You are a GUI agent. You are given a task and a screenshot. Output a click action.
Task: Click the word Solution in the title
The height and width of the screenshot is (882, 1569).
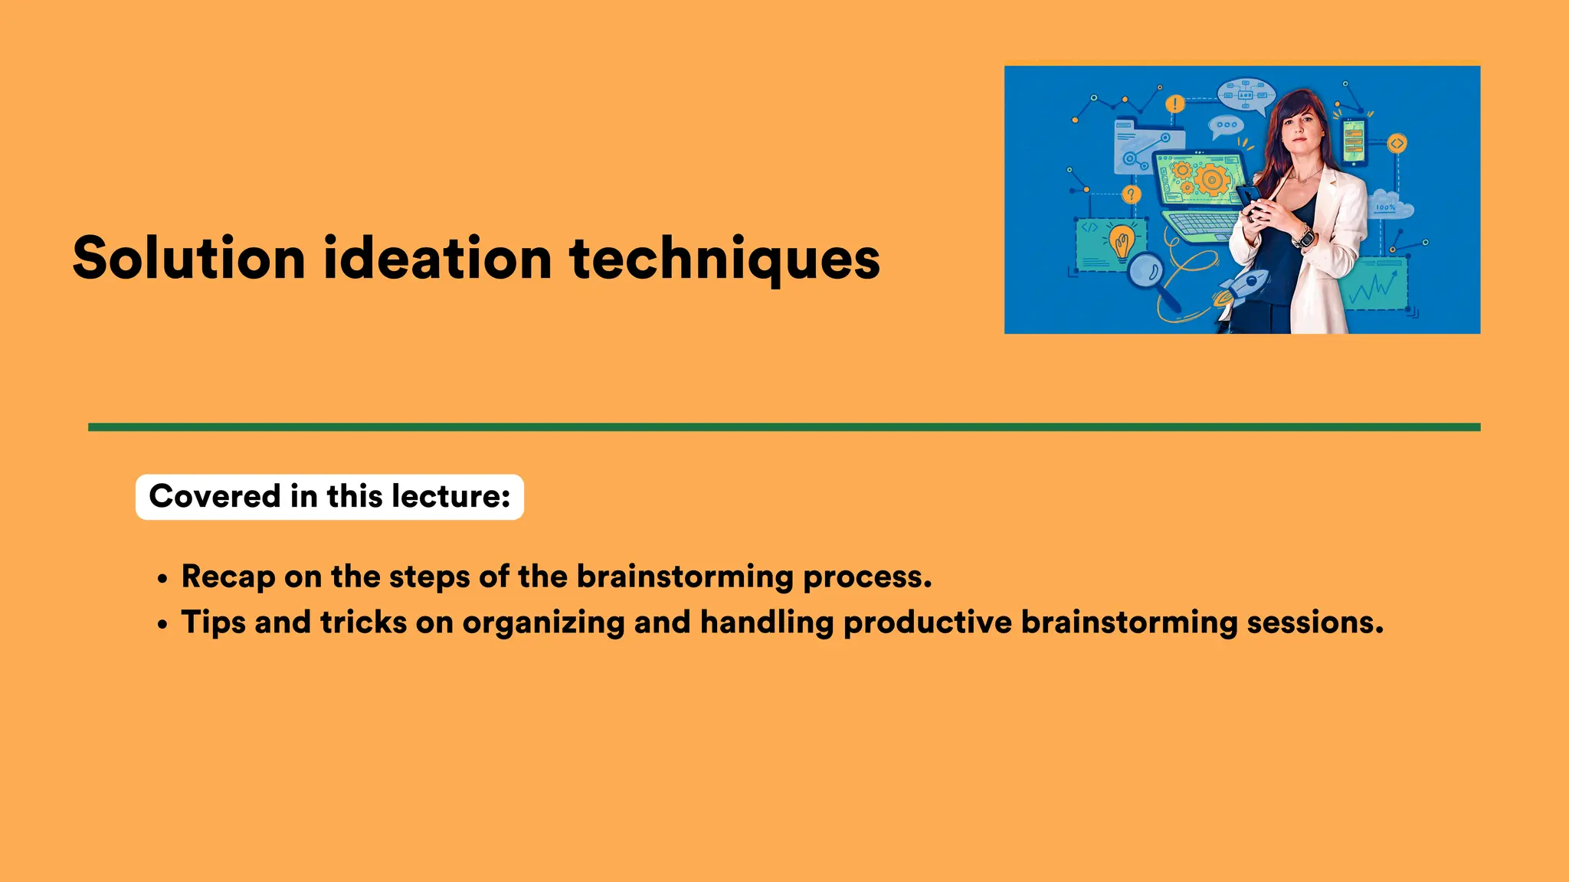pyautogui.click(x=188, y=259)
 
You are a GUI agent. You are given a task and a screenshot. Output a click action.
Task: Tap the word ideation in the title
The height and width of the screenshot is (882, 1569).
pyautogui.click(x=437, y=259)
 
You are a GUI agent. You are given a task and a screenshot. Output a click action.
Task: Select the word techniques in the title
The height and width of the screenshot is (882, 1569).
pyautogui.click(x=724, y=259)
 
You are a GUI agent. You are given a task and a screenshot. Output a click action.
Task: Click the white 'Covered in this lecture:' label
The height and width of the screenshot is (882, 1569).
pyautogui.click(x=329, y=497)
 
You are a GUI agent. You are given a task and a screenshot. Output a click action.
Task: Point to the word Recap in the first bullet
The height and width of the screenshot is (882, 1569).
pyautogui.click(x=228, y=577)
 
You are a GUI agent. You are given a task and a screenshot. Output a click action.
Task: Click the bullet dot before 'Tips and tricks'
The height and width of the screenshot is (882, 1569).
pyautogui.click(x=162, y=625)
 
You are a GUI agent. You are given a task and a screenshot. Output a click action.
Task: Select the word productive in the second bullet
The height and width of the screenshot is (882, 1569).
pyautogui.click(x=927, y=622)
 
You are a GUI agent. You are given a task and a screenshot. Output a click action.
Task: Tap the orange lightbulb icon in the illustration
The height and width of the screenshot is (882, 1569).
pyautogui.click(x=1122, y=241)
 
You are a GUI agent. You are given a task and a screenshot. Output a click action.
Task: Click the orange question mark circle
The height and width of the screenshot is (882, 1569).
pyautogui.click(x=1132, y=194)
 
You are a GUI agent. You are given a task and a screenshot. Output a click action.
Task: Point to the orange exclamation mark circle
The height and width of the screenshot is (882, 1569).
pyautogui.click(x=1174, y=104)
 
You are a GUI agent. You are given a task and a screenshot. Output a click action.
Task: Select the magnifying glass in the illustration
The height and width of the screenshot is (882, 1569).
pyautogui.click(x=1147, y=272)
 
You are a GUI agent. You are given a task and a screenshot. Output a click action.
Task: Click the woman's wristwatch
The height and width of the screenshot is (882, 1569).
pyautogui.click(x=1304, y=235)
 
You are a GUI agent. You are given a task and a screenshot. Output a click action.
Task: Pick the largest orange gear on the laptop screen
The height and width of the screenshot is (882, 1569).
pyautogui.click(x=1211, y=181)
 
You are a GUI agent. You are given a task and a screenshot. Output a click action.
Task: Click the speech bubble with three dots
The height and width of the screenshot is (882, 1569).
pyautogui.click(x=1227, y=126)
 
